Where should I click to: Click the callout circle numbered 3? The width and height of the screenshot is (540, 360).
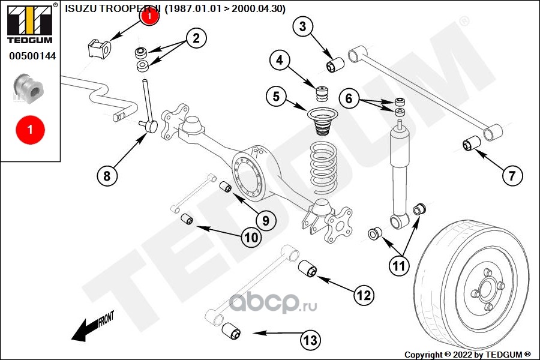tap(303, 27)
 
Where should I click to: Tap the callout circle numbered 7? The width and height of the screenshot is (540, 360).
tap(512, 175)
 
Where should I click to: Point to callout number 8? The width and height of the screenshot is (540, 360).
tap(107, 175)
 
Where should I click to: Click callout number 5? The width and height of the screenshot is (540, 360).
tap(276, 97)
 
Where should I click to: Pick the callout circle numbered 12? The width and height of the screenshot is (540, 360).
tap(363, 295)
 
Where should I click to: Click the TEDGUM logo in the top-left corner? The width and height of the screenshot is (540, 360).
tap(29, 23)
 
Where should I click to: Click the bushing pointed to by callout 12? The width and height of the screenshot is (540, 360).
tap(308, 268)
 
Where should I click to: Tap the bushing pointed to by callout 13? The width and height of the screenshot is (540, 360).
tap(232, 331)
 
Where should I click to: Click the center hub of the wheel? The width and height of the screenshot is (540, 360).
tap(484, 292)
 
